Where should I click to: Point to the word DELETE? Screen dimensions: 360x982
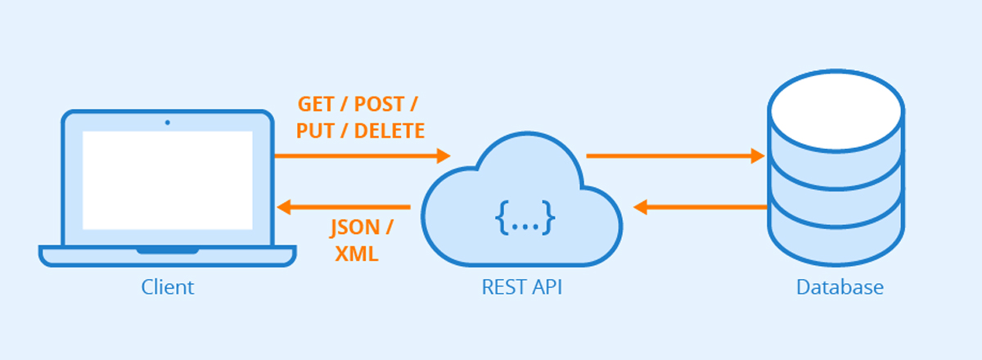coord(390,130)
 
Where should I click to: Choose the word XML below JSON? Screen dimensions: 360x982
coord(357,254)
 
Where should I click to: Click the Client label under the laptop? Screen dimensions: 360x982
coord(168,288)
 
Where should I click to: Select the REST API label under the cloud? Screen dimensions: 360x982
coord(522,288)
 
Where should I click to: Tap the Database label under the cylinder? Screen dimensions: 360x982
coord(840,288)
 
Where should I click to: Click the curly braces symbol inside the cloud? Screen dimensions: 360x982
coord(525,218)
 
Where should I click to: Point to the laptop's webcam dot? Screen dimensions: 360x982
coord(168,123)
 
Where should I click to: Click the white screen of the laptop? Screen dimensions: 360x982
coord(168,180)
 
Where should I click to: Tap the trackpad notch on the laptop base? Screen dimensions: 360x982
coord(168,250)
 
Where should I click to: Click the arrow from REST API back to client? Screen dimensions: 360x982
coord(344,207)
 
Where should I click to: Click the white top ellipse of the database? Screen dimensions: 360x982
coord(836,111)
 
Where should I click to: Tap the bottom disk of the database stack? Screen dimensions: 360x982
coord(836,237)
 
